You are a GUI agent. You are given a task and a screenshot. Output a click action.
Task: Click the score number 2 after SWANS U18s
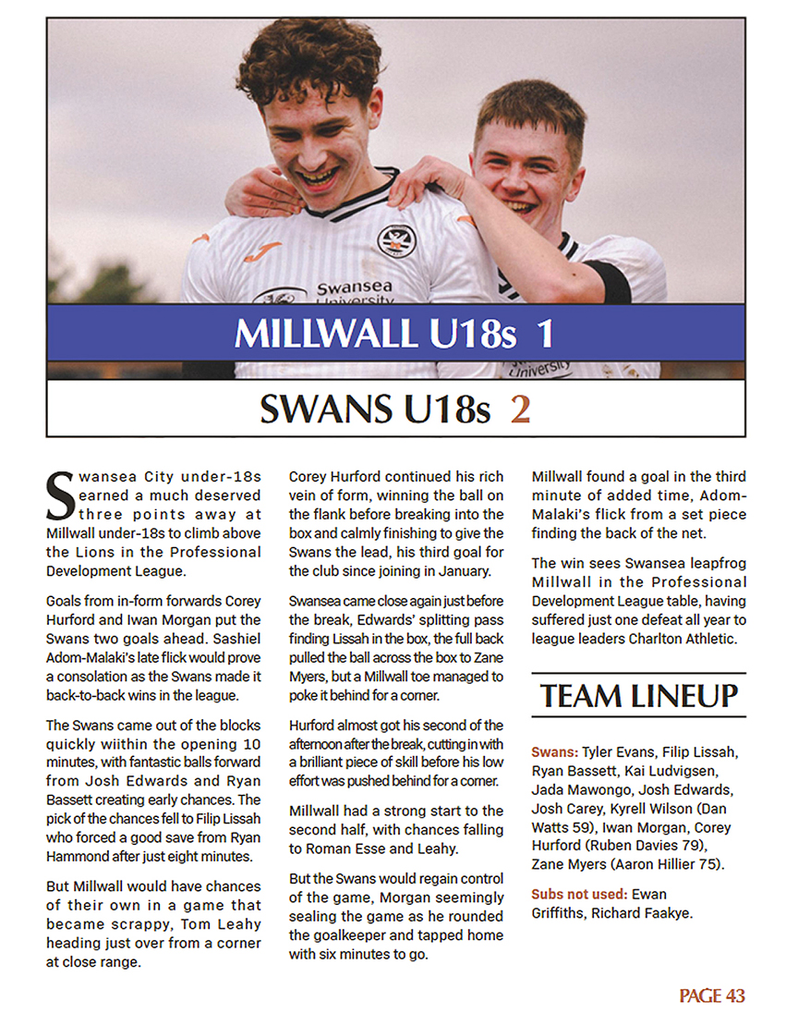(520, 409)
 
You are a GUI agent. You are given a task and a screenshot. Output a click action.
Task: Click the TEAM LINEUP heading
(639, 695)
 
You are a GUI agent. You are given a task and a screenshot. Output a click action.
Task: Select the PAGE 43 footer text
(711, 995)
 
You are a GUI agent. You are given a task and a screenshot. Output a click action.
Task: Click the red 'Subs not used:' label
(583, 895)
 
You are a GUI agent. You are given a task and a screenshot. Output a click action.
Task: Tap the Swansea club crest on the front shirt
(396, 241)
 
